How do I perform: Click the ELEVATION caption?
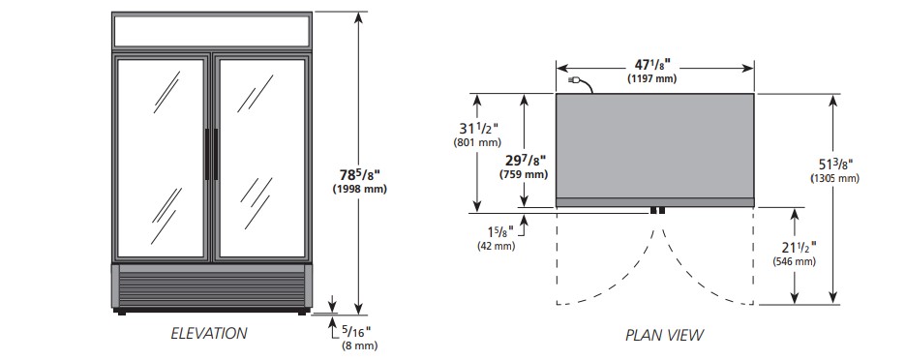[208, 334]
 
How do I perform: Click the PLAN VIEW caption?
[664, 335]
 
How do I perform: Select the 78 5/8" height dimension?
[359, 174]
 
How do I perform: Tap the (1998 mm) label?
[359, 189]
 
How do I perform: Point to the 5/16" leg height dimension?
[356, 331]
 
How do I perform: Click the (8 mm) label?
[359, 346]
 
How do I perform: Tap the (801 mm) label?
[477, 142]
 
